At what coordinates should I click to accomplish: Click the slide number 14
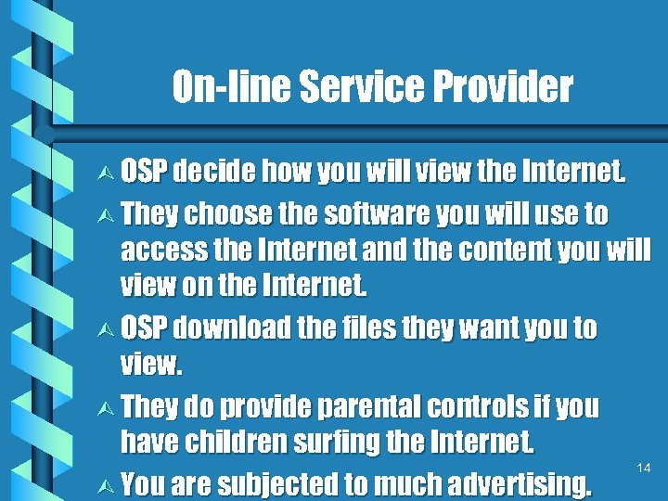[644, 469]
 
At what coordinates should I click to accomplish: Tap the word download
[231, 328]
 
